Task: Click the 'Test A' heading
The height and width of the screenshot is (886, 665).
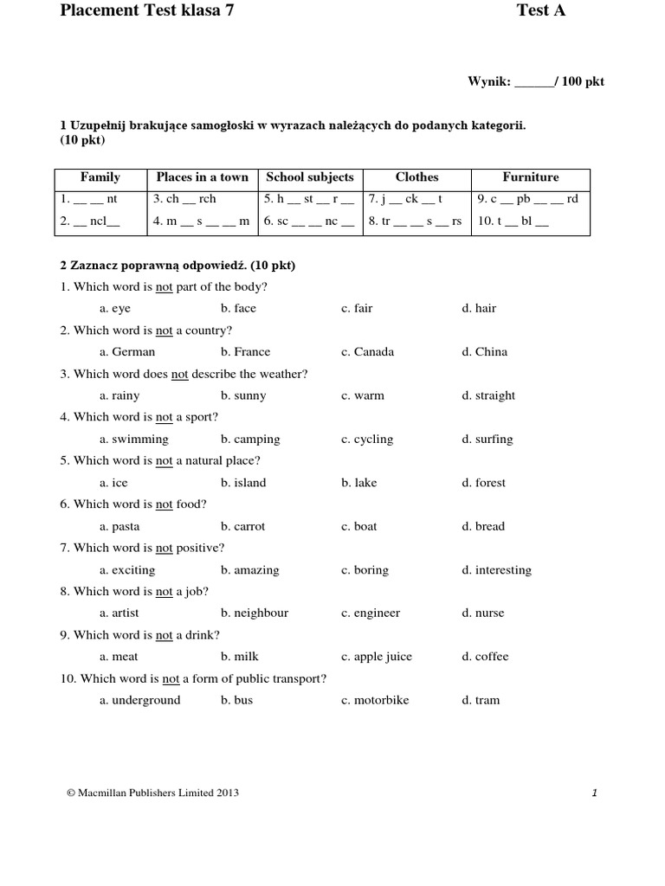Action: [x=541, y=11]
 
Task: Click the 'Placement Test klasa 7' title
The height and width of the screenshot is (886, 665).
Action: [x=146, y=11]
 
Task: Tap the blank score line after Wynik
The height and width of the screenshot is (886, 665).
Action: [x=534, y=83]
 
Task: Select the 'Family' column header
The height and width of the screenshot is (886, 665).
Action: [x=100, y=177]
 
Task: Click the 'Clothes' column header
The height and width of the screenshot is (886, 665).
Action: [x=416, y=177]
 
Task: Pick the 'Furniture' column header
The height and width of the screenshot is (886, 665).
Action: [x=531, y=177]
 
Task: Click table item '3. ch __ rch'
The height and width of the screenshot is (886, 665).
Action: [x=184, y=199]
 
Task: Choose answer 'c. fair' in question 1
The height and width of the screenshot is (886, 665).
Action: [x=357, y=309]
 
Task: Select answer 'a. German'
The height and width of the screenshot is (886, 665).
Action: [x=127, y=352]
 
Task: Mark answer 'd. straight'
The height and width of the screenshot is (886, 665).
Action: [x=488, y=395]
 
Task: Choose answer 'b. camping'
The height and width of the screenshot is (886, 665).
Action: [x=250, y=440]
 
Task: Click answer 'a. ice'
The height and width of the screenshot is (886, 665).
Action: [x=113, y=483]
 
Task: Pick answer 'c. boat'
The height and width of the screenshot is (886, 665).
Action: [x=358, y=526]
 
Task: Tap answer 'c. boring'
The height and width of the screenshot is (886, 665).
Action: [x=365, y=570]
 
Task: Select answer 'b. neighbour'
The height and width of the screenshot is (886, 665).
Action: [x=255, y=613]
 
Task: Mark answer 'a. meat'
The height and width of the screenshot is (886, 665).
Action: [x=119, y=657]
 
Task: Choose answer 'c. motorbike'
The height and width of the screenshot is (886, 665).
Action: [x=375, y=700]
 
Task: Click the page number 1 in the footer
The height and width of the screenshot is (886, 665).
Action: [x=595, y=793]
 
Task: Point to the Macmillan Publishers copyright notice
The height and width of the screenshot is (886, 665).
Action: [x=152, y=793]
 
